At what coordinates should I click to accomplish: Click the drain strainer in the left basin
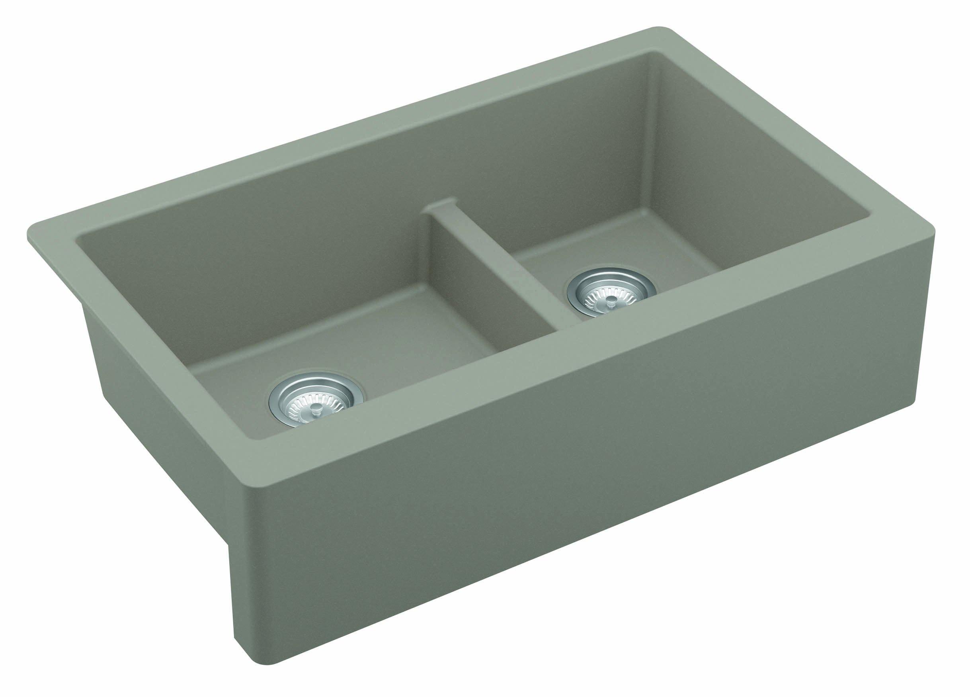(316, 402)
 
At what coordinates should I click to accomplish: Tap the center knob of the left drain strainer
(317, 409)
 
